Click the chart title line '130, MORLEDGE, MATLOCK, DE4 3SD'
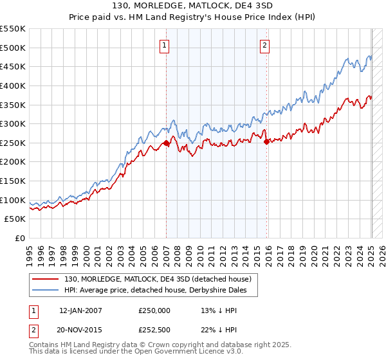pyautogui.click(x=192, y=6)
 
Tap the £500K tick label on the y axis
pyautogui.click(x=12, y=48)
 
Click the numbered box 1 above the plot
pyautogui.click(x=165, y=45)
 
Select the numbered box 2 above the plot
pyautogui.click(x=265, y=45)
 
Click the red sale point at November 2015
pyautogui.click(x=266, y=142)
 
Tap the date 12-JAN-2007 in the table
pyautogui.click(x=80, y=310)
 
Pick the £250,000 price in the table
pyautogui.click(x=154, y=310)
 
